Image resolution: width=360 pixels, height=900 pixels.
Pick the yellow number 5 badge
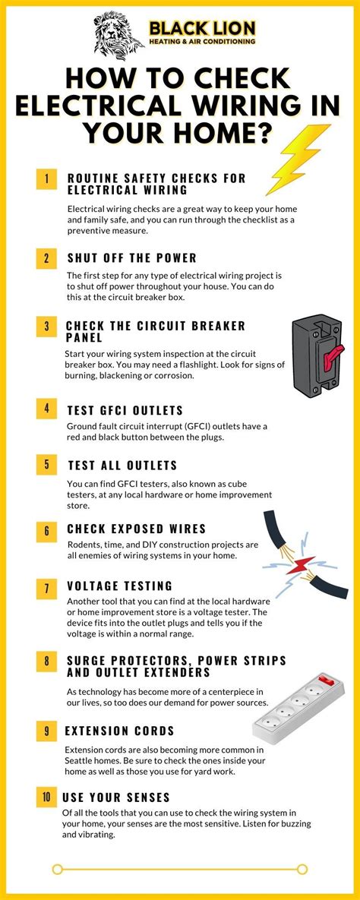(46, 465)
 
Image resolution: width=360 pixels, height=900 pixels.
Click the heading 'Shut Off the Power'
(131, 257)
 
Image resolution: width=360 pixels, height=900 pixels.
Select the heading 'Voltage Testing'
(119, 586)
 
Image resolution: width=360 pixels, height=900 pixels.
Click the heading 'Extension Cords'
(120, 731)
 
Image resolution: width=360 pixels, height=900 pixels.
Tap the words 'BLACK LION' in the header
(202, 29)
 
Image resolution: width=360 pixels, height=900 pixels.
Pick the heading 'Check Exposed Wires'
(136, 529)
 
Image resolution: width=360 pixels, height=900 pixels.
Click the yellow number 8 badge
(46, 662)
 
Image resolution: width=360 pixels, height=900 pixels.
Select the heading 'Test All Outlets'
(122, 465)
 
